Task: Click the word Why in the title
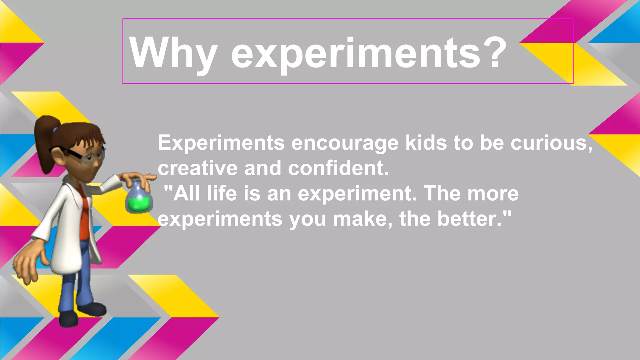pos(173,53)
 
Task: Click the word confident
pos(338,168)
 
